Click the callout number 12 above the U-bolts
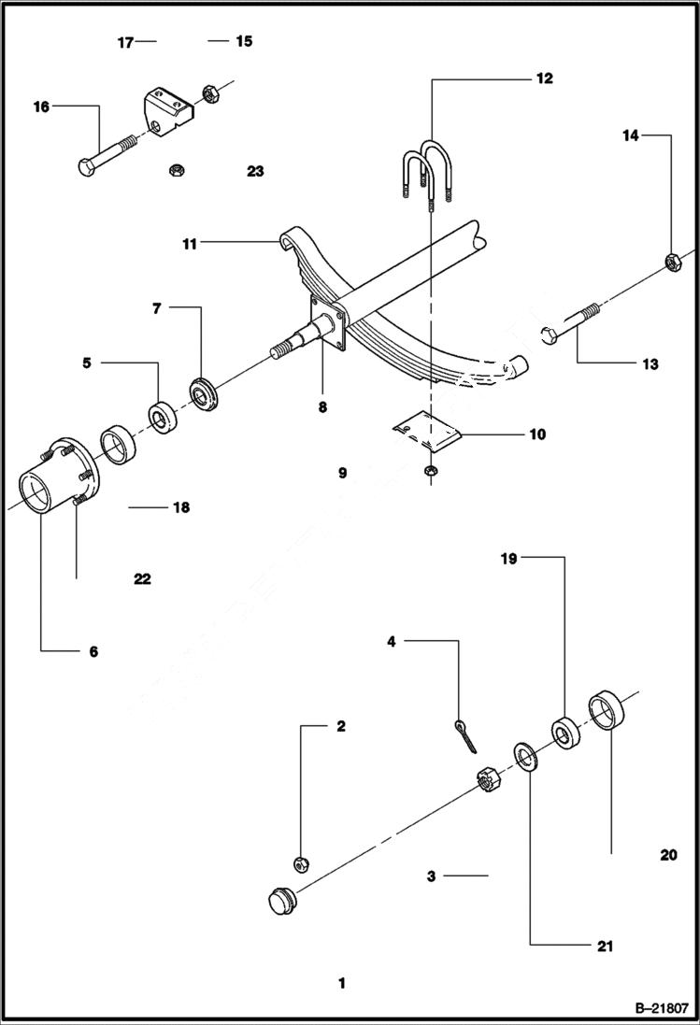[543, 78]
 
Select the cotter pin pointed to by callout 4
[465, 733]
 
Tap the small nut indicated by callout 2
[301, 862]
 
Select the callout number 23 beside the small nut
[255, 171]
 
